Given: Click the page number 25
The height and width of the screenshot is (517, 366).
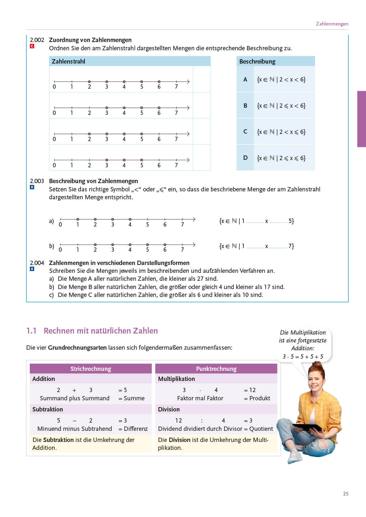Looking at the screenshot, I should pyautogui.click(x=346, y=494).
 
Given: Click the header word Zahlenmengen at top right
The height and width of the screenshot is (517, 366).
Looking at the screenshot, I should pyautogui.click(x=332, y=24).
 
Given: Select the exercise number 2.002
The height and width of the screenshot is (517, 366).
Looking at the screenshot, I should pyautogui.click(x=37, y=40).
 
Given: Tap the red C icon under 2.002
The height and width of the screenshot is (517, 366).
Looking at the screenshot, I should pyautogui.click(x=32, y=46).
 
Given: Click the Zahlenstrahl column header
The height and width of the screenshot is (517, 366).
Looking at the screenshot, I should pyautogui.click(x=68, y=61).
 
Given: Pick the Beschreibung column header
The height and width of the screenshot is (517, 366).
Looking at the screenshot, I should pyautogui.click(x=257, y=61).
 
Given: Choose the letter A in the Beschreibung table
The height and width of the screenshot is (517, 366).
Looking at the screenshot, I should pyautogui.click(x=245, y=79).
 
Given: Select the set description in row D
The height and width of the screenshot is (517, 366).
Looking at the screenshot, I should pyautogui.click(x=281, y=158).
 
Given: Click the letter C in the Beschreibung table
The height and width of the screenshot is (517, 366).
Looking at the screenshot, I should pyautogui.click(x=245, y=132).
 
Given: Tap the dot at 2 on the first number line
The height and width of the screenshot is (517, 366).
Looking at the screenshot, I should pyautogui.click(x=89, y=82).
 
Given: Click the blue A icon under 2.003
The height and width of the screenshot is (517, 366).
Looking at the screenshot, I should pyautogui.click(x=32, y=187).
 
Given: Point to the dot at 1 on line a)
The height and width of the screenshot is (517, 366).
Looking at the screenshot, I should pyautogui.click(x=78, y=219).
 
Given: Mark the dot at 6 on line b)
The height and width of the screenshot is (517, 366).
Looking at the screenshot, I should pyautogui.click(x=165, y=245).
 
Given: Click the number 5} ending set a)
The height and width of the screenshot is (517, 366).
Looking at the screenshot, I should pyautogui.click(x=291, y=221).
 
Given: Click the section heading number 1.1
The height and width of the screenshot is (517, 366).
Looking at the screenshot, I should pyautogui.click(x=31, y=331).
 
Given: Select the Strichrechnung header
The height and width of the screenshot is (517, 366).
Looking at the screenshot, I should pyautogui.click(x=91, y=369).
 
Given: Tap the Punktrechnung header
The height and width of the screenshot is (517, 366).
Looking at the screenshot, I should pyautogui.click(x=216, y=369).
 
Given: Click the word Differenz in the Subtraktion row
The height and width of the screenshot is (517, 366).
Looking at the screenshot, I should pyautogui.click(x=136, y=429).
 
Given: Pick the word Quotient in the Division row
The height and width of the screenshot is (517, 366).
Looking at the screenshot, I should pyautogui.click(x=261, y=429).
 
